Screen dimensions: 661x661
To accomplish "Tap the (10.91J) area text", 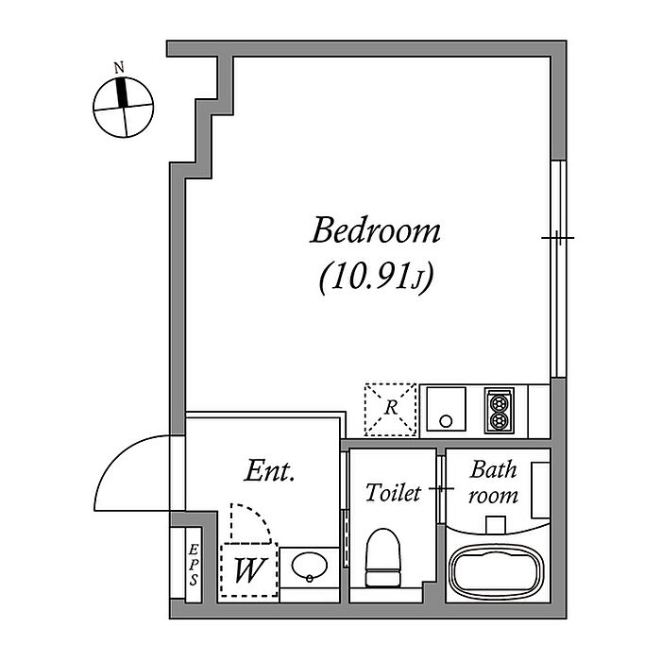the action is click(x=375, y=279).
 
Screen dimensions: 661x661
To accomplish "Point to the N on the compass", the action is click(x=119, y=68).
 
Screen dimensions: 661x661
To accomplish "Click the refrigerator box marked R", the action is click(x=390, y=408).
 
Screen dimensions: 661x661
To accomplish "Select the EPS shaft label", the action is click(x=192, y=565).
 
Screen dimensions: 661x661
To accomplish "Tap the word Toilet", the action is click(x=392, y=493).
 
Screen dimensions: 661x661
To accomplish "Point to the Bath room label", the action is click(x=493, y=482).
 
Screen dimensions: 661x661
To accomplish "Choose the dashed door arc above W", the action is click(x=251, y=523).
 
